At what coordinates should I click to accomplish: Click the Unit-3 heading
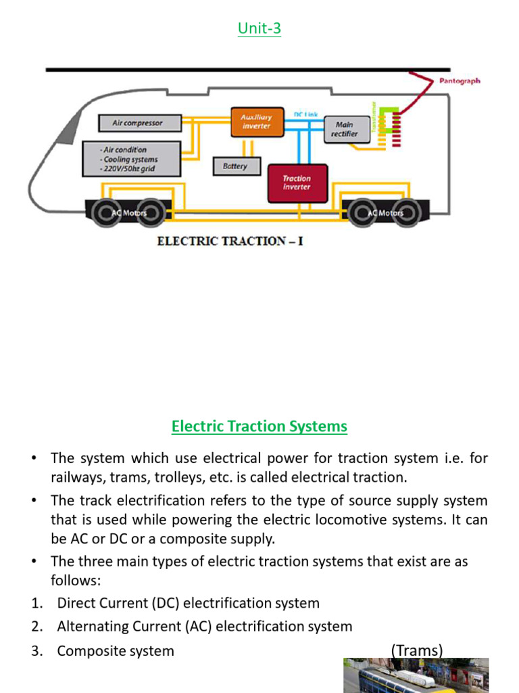click(x=260, y=28)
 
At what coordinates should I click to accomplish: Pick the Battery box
click(x=235, y=166)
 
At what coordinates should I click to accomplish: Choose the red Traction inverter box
click(x=297, y=183)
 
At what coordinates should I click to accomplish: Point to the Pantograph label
click(x=460, y=81)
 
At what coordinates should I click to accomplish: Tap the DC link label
click(x=305, y=114)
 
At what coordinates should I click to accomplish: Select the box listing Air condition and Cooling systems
click(x=131, y=159)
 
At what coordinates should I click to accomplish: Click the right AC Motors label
click(x=385, y=213)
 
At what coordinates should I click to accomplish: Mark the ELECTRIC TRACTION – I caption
click(x=230, y=242)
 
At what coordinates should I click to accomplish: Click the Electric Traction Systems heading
click(x=259, y=426)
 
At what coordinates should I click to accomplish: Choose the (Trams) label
click(x=417, y=650)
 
